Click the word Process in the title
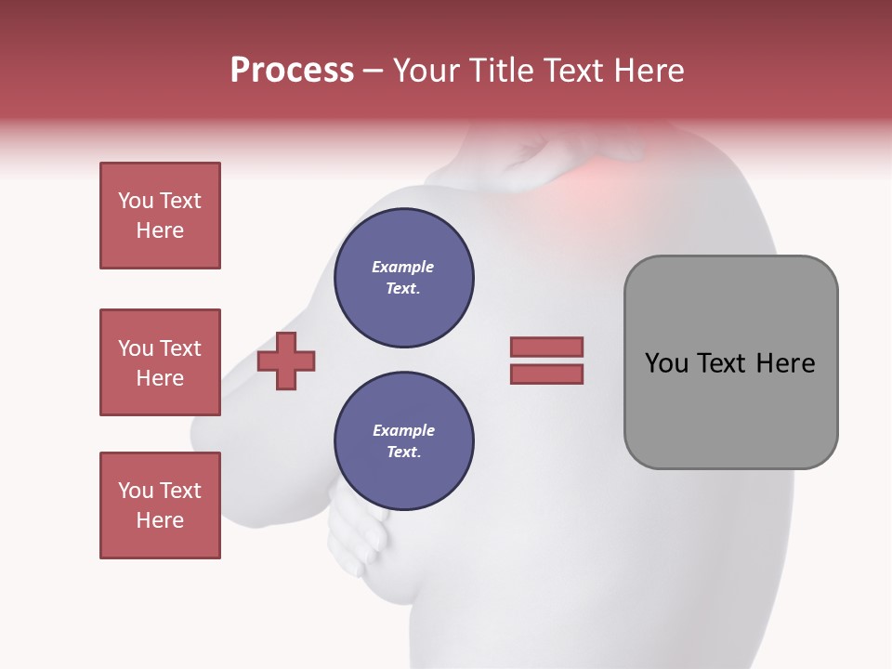click(292, 71)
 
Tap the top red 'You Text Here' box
click(160, 216)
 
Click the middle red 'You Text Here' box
click(160, 362)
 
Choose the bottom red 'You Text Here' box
click(160, 505)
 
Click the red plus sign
click(286, 361)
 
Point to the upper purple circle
click(403, 278)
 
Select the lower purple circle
click(403, 441)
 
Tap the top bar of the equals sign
click(546, 347)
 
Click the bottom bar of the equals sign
click(546, 374)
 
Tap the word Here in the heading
click(649, 71)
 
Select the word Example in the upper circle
click(403, 267)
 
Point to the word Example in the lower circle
click(403, 430)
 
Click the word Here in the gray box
click(785, 362)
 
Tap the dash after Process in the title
click(373, 71)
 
